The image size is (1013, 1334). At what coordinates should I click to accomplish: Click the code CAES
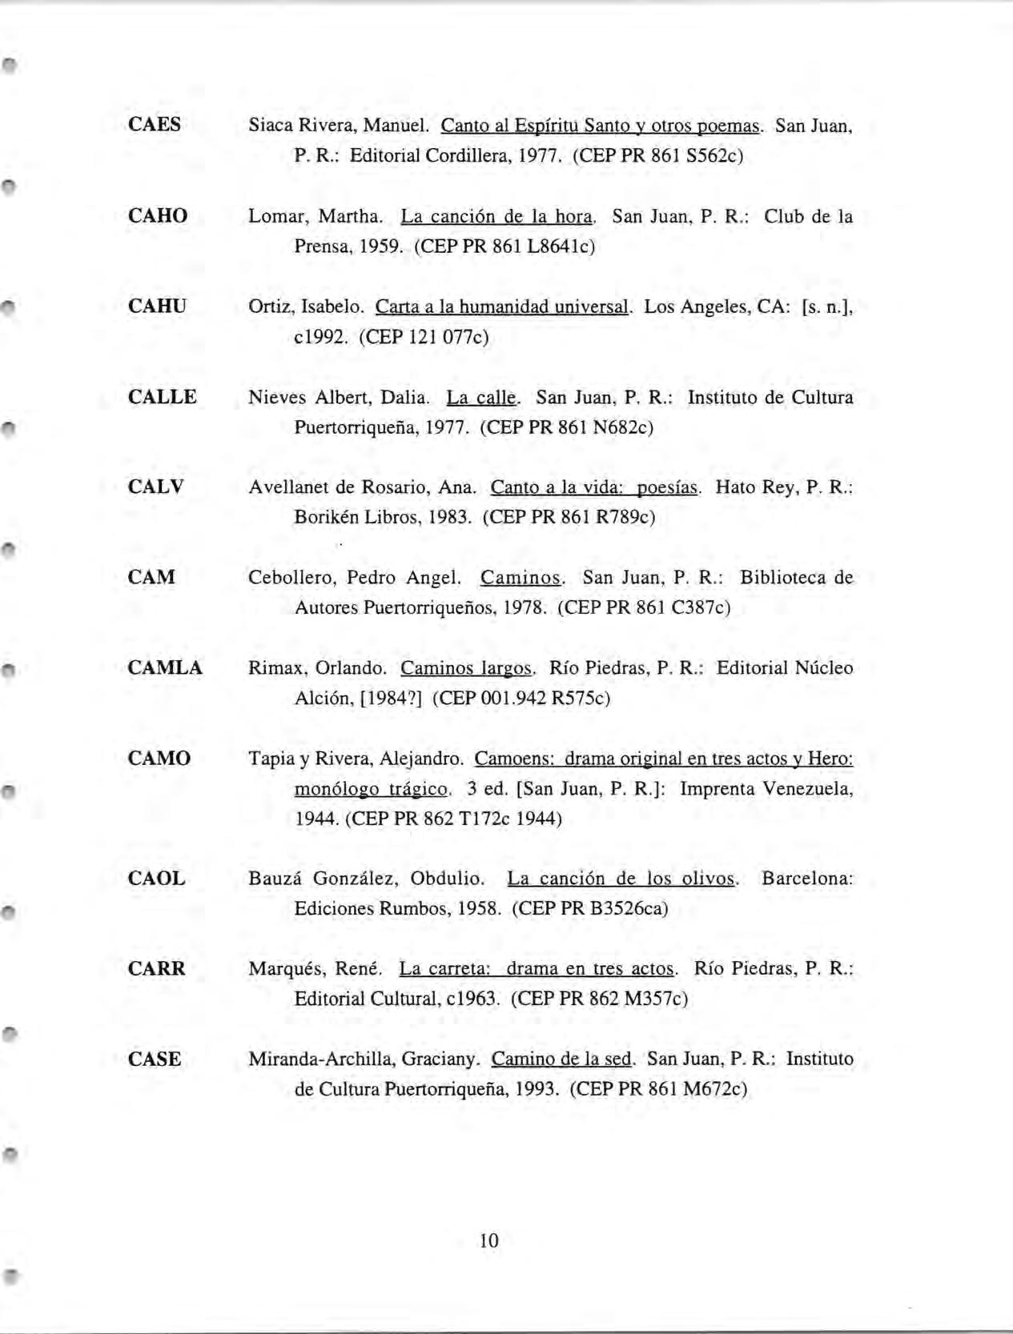154,125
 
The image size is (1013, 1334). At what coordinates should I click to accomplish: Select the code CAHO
158,216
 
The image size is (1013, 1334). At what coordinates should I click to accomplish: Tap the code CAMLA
165,668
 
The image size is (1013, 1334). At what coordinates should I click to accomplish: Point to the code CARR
156,969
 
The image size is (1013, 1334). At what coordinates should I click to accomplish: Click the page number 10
488,1240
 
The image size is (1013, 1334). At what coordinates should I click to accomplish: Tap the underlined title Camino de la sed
562,1060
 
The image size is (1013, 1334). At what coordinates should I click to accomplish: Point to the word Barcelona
806,879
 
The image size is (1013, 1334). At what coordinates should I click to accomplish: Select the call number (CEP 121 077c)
424,337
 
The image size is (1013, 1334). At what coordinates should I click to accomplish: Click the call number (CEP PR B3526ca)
589,909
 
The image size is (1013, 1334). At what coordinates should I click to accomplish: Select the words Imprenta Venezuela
766,789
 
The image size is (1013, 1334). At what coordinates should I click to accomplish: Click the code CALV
155,487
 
